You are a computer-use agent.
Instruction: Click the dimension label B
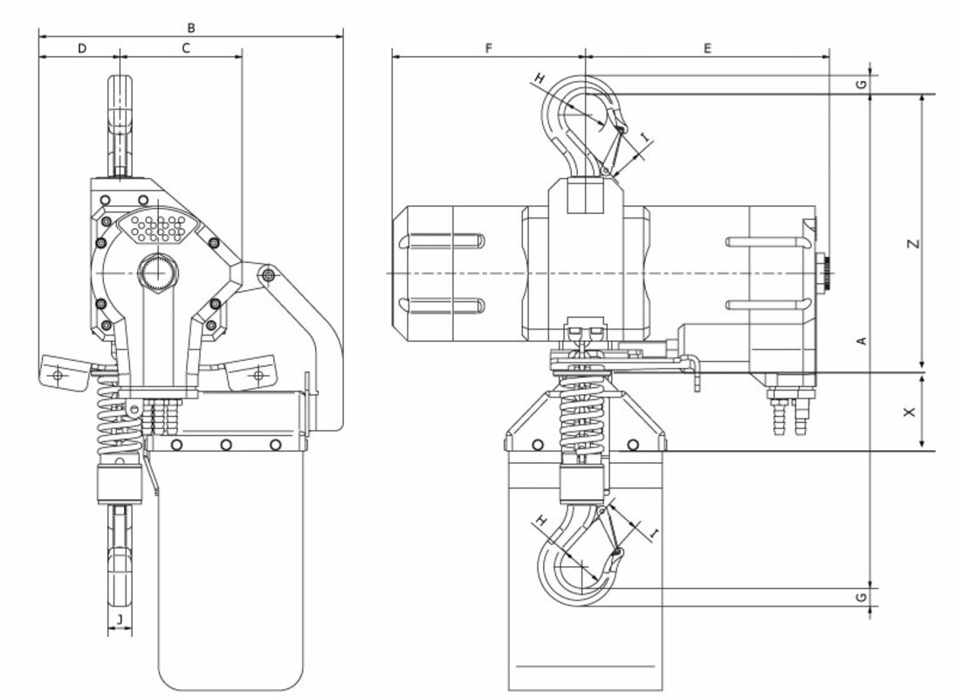click(191, 28)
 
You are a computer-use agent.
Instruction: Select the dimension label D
click(82, 48)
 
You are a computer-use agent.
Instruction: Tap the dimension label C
click(186, 48)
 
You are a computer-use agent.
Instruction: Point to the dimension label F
click(489, 48)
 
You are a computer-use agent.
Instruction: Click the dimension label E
click(707, 48)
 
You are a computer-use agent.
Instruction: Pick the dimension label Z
click(912, 244)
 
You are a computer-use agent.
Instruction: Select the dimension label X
click(910, 412)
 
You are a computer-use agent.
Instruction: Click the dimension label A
click(862, 341)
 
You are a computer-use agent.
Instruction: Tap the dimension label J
click(120, 619)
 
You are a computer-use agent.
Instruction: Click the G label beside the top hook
click(862, 84)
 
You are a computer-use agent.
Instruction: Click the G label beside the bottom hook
click(862, 598)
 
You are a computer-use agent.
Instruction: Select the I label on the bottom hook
click(655, 534)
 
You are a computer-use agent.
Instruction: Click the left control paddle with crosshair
click(61, 374)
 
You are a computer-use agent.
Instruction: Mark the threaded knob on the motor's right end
click(825, 273)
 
